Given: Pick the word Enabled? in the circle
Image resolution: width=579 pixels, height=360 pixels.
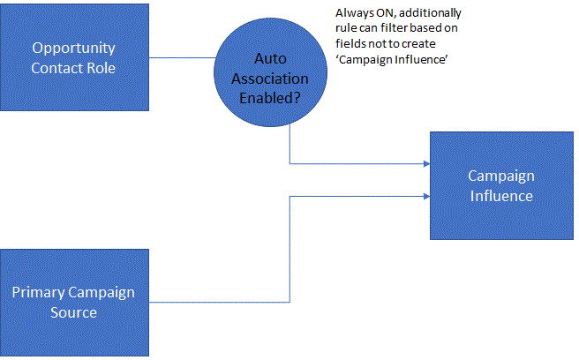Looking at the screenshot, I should pyautogui.click(x=271, y=98).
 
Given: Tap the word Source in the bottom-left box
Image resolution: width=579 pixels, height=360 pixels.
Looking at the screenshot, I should pyautogui.click(x=74, y=312).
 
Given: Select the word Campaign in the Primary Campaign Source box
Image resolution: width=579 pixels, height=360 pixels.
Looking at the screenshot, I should pyautogui.click(x=112, y=292).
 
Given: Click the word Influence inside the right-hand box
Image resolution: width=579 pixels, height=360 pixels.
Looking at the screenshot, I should pyautogui.click(x=500, y=196).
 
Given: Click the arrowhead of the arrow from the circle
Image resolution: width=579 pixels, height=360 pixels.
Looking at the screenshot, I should pyautogui.click(x=425, y=163).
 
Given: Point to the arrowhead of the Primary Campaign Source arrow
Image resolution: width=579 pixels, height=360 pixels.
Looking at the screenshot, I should pyautogui.click(x=425, y=196).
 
